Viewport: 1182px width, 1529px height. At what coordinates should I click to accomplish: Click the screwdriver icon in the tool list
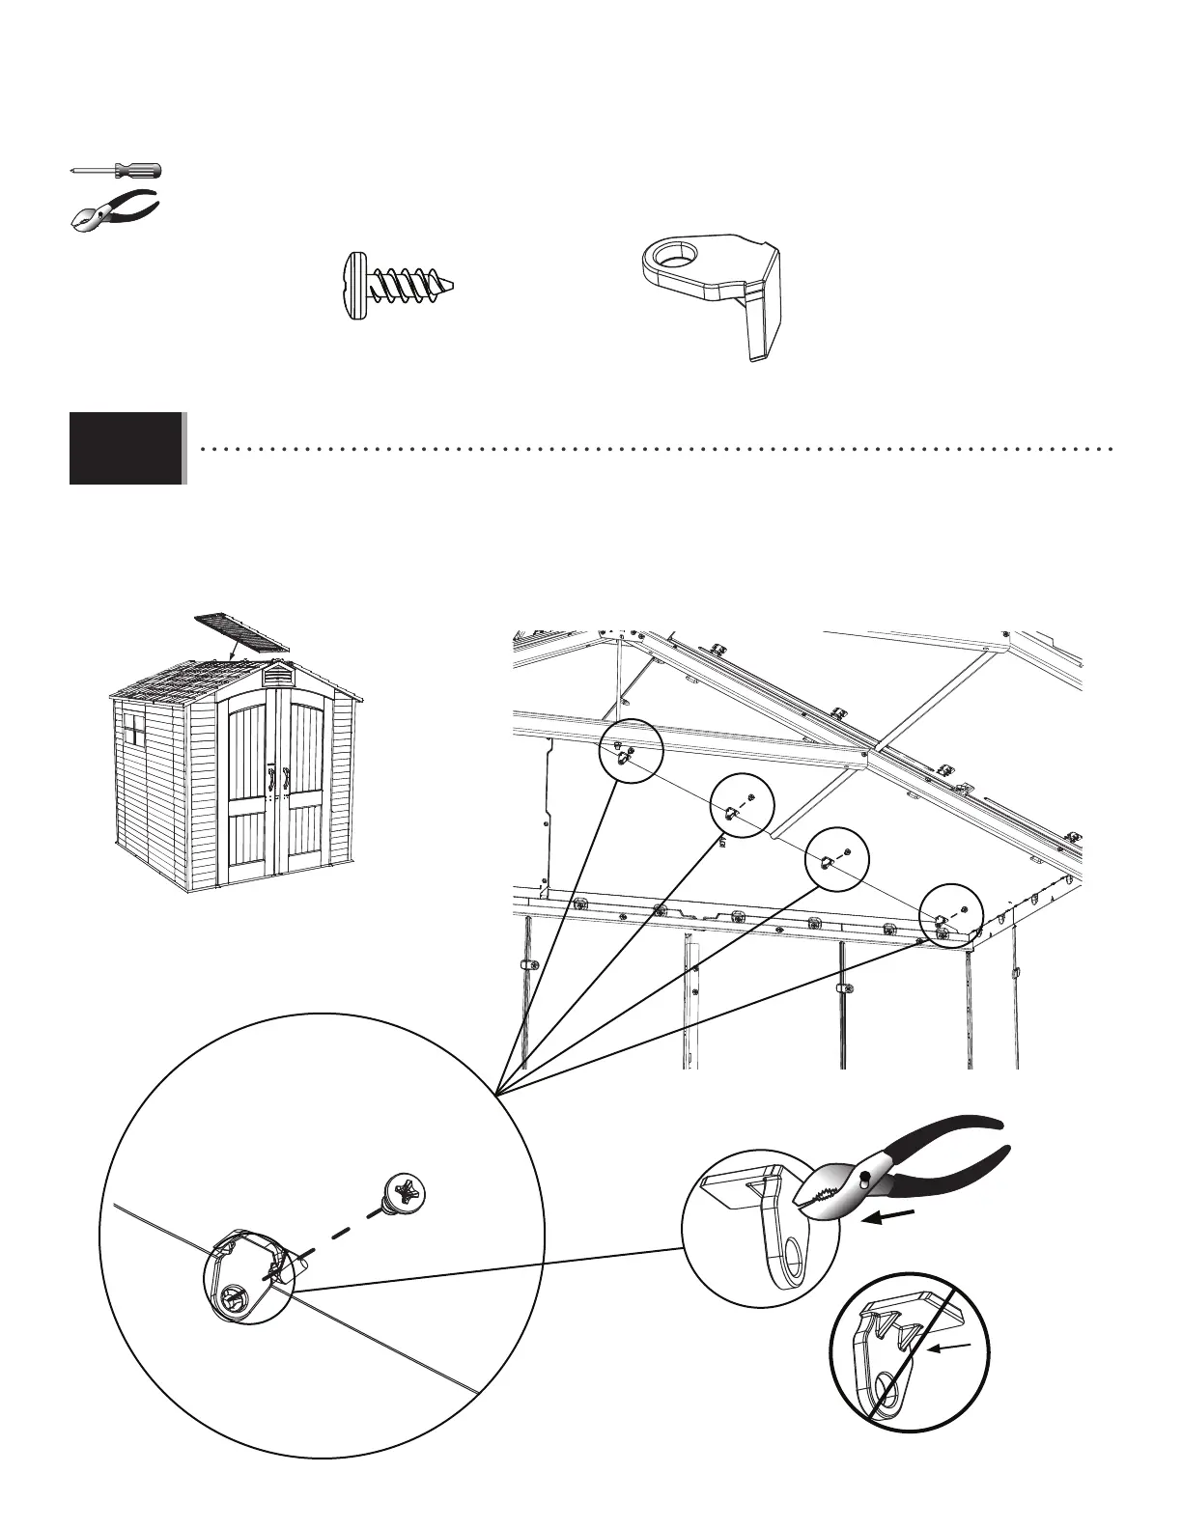click(117, 171)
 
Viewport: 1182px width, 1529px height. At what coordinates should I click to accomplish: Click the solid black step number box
click(127, 448)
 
